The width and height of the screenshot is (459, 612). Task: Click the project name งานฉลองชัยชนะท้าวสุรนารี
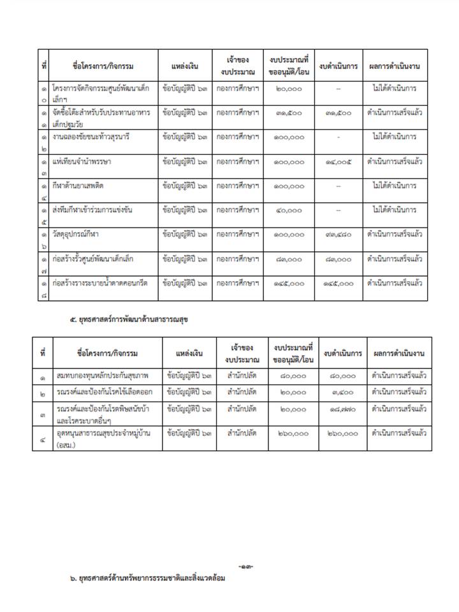click(x=92, y=137)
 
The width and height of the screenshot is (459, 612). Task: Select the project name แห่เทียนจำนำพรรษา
click(x=82, y=162)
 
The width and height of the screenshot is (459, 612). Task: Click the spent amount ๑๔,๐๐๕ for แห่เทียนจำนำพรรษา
click(x=338, y=162)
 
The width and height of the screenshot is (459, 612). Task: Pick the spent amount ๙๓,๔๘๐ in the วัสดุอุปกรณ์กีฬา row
click(x=338, y=235)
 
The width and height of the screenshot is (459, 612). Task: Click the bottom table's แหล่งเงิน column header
click(x=190, y=353)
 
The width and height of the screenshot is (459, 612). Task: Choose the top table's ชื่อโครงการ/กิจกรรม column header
click(x=103, y=66)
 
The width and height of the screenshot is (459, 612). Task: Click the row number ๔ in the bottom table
click(x=42, y=437)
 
